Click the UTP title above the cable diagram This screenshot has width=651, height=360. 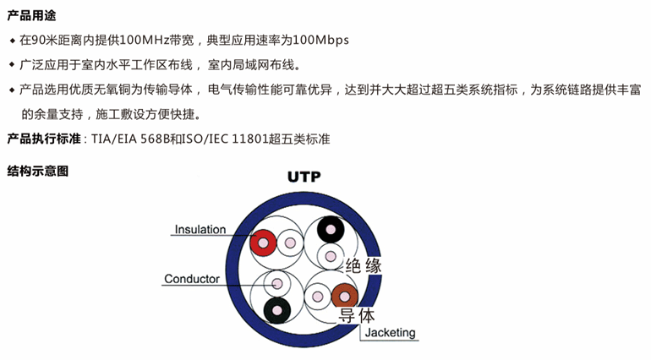pyautogui.click(x=304, y=177)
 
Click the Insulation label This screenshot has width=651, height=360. pyautogui.click(x=200, y=230)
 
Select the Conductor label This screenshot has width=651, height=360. pyautogui.click(x=192, y=279)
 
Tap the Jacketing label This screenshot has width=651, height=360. pyautogui.click(x=391, y=332)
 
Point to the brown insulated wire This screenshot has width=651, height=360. pyautogui.click(x=344, y=297)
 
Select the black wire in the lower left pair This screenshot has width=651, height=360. pyautogui.click(x=276, y=310)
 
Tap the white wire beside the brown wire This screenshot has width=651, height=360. pyautogui.click(x=317, y=297)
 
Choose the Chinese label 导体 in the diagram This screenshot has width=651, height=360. pyautogui.click(x=356, y=317)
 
